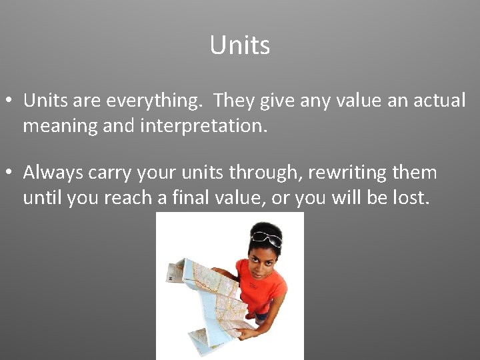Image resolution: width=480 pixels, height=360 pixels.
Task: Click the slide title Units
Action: coord(239,45)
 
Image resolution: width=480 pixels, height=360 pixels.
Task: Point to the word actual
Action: coord(437,101)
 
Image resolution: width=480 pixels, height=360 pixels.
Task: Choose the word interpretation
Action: coord(203,126)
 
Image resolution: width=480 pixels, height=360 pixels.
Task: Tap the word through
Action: coord(261,173)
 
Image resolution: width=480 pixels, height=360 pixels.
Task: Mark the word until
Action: coord(40,198)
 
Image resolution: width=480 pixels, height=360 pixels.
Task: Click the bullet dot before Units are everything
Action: coord(9,101)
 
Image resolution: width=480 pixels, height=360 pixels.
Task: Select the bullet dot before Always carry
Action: coord(9,173)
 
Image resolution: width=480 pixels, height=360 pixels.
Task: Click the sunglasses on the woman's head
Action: coord(267,237)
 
